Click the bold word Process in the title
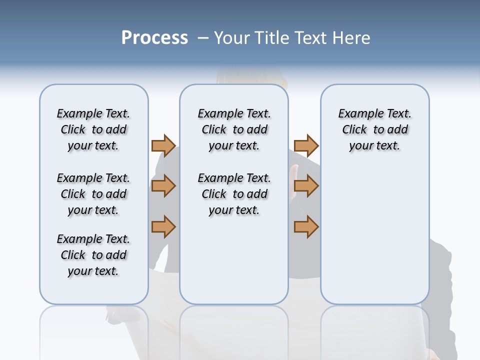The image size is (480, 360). (x=154, y=37)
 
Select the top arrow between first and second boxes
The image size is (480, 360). (x=163, y=145)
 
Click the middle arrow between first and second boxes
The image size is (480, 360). (x=163, y=186)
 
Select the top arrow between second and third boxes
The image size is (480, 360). (x=306, y=145)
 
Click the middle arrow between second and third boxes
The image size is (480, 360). (x=306, y=186)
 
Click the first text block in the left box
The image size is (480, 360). (x=93, y=129)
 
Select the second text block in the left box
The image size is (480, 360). (x=93, y=194)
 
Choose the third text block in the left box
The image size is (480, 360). (x=93, y=255)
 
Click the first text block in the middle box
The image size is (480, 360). (x=234, y=129)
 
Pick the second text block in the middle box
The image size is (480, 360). (x=234, y=194)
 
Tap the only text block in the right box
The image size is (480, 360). (x=375, y=129)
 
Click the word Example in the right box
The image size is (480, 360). (x=357, y=114)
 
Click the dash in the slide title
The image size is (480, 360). (x=203, y=37)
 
